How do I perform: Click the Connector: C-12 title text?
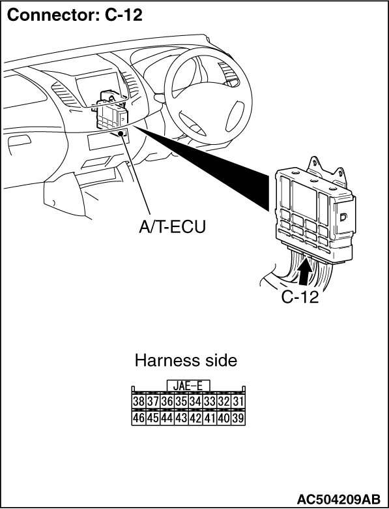click(74, 14)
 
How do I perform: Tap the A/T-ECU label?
click(172, 227)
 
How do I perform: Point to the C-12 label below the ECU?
click(300, 296)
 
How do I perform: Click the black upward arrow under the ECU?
click(305, 270)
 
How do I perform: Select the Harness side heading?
click(186, 360)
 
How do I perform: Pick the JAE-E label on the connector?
click(188, 386)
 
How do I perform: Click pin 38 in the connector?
click(138, 401)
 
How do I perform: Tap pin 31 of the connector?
click(238, 401)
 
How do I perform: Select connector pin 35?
click(181, 401)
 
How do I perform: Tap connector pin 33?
click(210, 401)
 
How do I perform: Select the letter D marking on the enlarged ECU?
click(343, 217)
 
